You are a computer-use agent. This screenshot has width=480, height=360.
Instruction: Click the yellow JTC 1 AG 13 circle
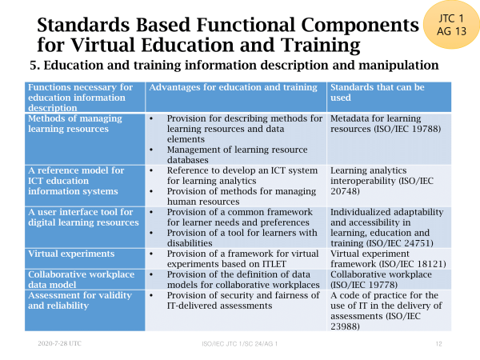tap(451, 25)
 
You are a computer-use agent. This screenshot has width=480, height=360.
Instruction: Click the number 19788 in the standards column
tap(424, 129)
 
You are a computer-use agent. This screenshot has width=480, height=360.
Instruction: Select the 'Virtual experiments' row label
tap(71, 254)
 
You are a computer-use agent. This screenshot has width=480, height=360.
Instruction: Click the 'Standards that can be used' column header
tap(378, 93)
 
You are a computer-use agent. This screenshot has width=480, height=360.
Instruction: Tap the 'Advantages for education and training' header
tap(234, 87)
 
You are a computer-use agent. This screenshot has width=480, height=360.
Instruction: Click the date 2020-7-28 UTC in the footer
tap(60, 343)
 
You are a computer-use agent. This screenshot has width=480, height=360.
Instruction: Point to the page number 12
tap(439, 344)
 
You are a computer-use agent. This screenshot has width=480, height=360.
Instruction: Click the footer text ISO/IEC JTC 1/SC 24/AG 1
tap(240, 344)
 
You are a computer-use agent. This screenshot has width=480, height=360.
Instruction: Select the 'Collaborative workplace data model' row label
tap(81, 279)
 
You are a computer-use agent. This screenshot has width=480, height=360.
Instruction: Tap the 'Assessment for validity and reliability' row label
tap(80, 300)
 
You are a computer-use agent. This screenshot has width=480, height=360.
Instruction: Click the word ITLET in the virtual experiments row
tap(274, 264)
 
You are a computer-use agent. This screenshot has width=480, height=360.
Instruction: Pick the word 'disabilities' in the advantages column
tap(190, 243)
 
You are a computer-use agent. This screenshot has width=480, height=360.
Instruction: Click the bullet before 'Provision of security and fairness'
tap(151, 296)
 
